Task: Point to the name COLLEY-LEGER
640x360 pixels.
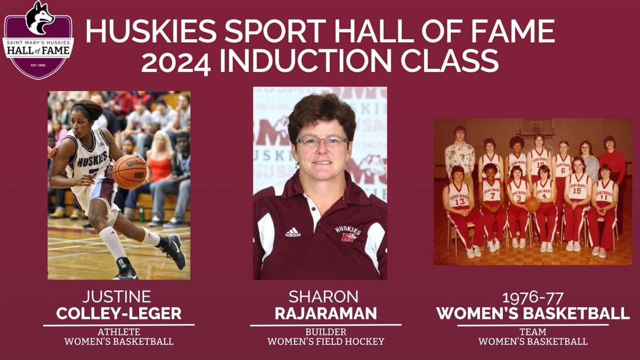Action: click(x=118, y=314)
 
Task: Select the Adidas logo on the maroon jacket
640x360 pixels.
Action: click(x=293, y=232)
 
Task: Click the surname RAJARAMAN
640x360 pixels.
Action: click(x=325, y=314)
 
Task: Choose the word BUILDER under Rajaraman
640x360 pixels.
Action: click(x=325, y=331)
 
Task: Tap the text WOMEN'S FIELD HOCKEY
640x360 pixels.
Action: click(x=325, y=341)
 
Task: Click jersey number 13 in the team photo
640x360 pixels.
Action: click(x=459, y=202)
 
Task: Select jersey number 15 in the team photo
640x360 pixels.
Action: click(x=577, y=190)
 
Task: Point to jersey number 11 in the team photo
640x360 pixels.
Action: click(x=605, y=197)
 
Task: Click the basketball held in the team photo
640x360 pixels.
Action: click(x=532, y=204)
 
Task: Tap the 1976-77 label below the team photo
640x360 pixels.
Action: click(x=533, y=297)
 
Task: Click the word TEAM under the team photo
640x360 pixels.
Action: click(x=533, y=331)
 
